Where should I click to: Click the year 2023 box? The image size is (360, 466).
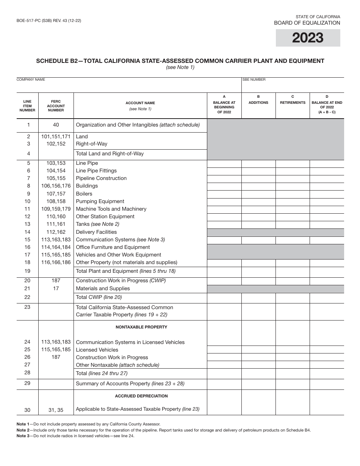coord(308,38)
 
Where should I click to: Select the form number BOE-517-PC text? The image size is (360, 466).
coord(49,21)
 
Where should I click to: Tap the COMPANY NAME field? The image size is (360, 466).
coord(129,86)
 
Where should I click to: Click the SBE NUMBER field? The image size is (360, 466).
coord(293,86)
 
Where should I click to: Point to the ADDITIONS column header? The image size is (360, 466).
coord(258,103)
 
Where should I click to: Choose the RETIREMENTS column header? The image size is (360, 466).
coord(293,103)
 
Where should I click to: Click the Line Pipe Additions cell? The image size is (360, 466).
coord(258,164)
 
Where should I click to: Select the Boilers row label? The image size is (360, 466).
coord(84,194)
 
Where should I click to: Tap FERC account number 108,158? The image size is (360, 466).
coord(56,201)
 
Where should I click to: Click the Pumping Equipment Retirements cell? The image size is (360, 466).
coord(293,202)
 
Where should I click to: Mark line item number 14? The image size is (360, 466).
coord(27,232)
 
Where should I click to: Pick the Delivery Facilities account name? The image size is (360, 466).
coord(96,232)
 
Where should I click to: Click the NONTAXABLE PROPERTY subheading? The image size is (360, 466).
coord(141,327)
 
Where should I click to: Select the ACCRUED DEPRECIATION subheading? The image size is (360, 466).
coord(141,396)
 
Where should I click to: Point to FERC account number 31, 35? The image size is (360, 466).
coord(56,410)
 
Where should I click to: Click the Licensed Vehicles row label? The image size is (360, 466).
coord(97,350)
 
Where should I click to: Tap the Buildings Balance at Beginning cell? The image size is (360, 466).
coord(224,186)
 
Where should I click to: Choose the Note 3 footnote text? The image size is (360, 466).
coord(75,436)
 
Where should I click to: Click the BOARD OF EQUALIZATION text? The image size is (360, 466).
coord(307,23)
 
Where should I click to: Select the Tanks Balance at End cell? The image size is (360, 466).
coord(327,225)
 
